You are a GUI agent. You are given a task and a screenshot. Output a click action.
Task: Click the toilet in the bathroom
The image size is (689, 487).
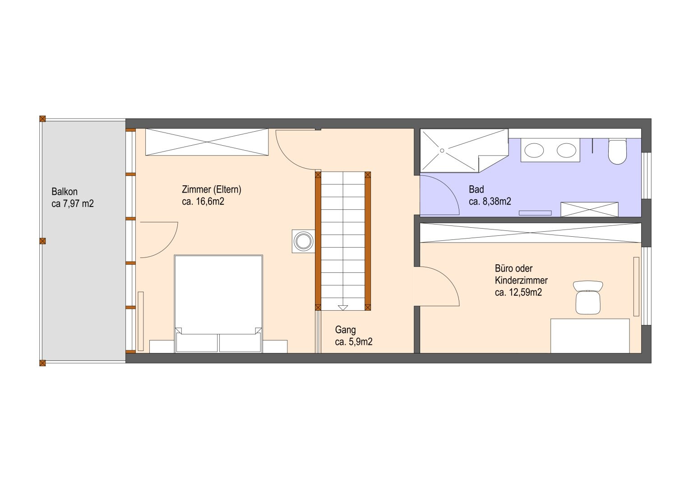pyautogui.click(x=617, y=152)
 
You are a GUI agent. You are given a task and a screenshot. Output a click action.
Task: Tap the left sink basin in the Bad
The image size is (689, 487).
pyautogui.click(x=534, y=151)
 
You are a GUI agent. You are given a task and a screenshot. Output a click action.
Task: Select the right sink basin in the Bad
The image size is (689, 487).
pyautogui.click(x=566, y=151)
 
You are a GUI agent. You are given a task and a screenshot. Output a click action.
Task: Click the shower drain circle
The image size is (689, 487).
pyautogui.click(x=442, y=151)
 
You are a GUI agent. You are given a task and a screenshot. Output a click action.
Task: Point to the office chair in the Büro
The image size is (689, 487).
pyautogui.click(x=588, y=297)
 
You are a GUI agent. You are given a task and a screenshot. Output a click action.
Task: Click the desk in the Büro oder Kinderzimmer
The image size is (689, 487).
pyautogui.click(x=590, y=336)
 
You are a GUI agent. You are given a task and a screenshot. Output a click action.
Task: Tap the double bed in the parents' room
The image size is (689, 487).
pyautogui.click(x=218, y=303)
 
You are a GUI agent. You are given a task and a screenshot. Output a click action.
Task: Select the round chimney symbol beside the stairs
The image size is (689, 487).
pyautogui.click(x=304, y=241)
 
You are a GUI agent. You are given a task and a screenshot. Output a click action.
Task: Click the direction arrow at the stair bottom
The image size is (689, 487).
pyautogui.click(x=342, y=308)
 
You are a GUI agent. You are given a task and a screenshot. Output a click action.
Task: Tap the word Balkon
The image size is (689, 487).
pyautogui.click(x=64, y=192)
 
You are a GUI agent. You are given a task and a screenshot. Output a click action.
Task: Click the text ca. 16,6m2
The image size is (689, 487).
pyautogui.click(x=203, y=202)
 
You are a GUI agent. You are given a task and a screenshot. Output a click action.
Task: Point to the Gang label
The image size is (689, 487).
pyautogui.click(x=346, y=330)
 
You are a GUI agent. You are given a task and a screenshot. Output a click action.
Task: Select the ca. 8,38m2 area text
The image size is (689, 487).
pyautogui.click(x=490, y=202)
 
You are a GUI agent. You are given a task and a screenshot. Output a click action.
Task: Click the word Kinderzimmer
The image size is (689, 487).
pyautogui.click(x=521, y=280)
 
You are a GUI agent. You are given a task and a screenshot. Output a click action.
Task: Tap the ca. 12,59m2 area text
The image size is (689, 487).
pyautogui.click(x=518, y=292)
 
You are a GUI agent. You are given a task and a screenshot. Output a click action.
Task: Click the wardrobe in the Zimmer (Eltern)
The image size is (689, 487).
pyautogui.click(x=207, y=142)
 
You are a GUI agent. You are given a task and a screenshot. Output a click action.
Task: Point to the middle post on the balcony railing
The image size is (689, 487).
pyautogui.click(x=42, y=241)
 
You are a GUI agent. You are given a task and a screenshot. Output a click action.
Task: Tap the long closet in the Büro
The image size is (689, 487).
pyautogui.click(x=531, y=233)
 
